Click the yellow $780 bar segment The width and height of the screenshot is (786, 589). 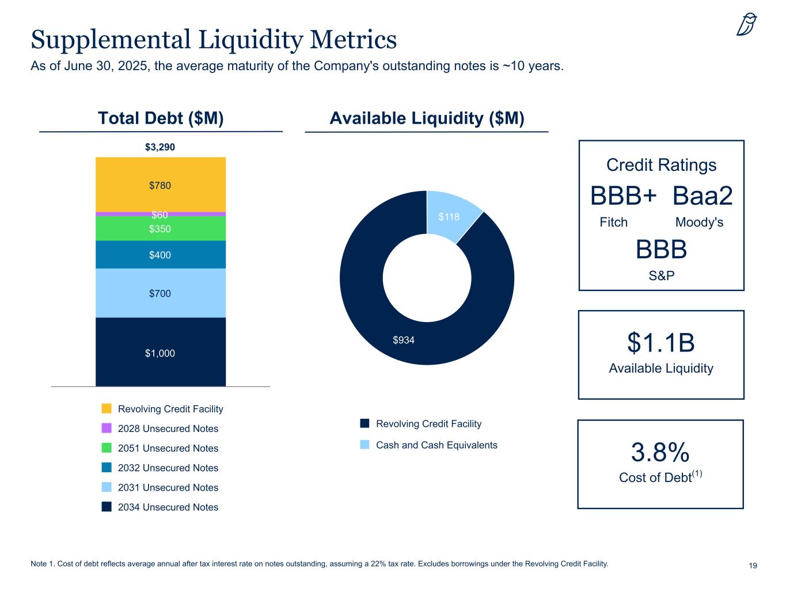[160, 185]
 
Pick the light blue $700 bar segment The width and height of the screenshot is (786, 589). [160, 293]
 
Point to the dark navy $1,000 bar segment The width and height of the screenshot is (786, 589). [160, 353]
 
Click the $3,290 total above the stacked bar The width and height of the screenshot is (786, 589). [160, 147]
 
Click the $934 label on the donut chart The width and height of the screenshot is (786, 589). [404, 341]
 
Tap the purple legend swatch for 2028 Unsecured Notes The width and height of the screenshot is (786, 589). [107, 429]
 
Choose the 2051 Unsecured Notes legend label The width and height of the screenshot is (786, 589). [168, 449]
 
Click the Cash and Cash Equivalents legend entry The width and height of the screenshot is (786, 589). [436, 445]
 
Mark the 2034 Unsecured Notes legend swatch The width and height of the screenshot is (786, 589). [107, 507]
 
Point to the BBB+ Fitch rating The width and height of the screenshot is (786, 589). [624, 197]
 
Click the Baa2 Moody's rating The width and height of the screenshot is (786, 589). [703, 197]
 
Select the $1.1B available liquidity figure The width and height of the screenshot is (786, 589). [661, 343]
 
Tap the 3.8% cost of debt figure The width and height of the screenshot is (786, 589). [660, 453]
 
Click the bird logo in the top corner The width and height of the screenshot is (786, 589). [746, 24]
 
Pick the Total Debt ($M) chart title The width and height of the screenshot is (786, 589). [161, 118]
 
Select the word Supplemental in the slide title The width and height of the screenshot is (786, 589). [109, 40]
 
